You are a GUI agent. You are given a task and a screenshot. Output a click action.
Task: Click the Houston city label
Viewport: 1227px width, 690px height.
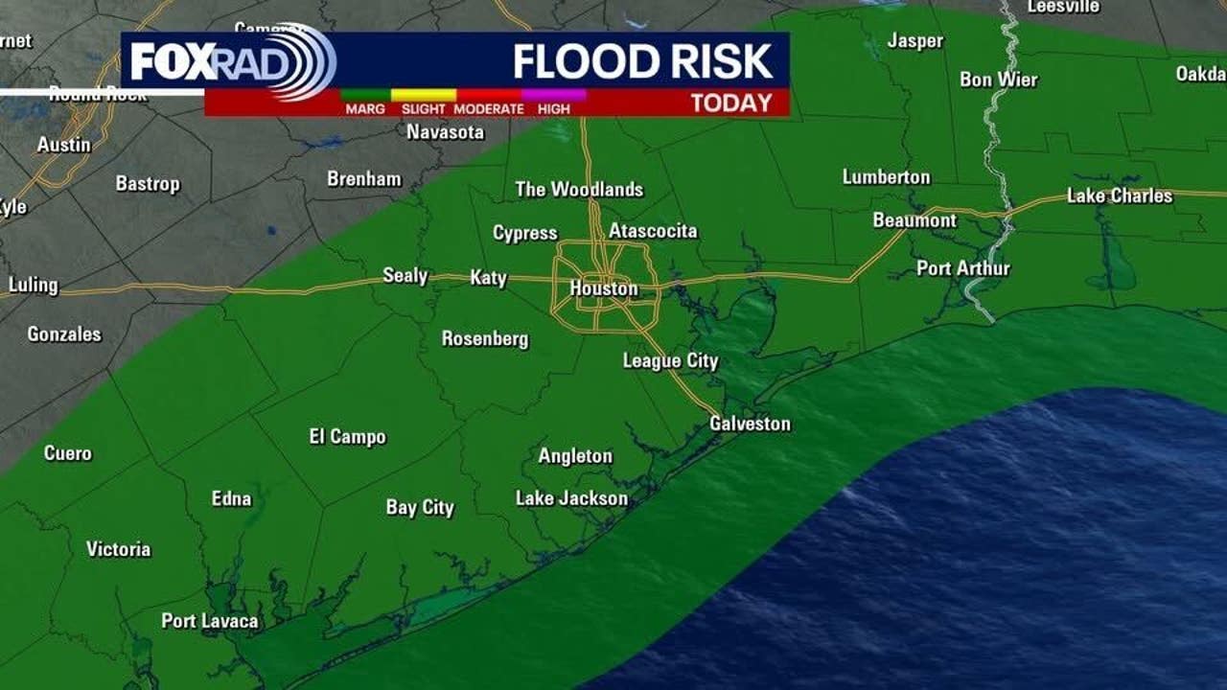click(x=603, y=288)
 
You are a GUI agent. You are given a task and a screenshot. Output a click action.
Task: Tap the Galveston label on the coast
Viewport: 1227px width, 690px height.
click(x=750, y=424)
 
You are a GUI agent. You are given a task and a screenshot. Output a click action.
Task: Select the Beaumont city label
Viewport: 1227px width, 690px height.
click(x=914, y=220)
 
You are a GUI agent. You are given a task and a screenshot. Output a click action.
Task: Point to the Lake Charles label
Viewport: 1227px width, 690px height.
click(x=1119, y=195)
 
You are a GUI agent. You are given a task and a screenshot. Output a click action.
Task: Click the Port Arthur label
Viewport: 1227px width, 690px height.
click(x=962, y=268)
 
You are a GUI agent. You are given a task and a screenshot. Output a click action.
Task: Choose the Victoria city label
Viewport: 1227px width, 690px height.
click(x=118, y=549)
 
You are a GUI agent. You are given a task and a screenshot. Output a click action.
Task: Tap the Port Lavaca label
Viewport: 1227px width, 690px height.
click(x=209, y=621)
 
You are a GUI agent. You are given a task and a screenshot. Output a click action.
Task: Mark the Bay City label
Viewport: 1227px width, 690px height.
click(x=420, y=507)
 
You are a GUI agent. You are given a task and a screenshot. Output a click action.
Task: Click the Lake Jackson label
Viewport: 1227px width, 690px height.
click(x=571, y=498)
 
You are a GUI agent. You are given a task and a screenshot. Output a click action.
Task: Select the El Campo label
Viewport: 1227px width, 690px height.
click(x=347, y=437)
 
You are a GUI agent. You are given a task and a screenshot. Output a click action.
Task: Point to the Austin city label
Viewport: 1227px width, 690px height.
click(x=63, y=145)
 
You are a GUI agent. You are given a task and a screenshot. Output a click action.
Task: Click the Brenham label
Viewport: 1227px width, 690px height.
click(x=363, y=178)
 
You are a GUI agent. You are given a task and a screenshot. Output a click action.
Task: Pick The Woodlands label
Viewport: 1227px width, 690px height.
click(x=579, y=189)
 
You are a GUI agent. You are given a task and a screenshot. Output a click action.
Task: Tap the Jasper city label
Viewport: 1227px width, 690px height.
click(x=914, y=40)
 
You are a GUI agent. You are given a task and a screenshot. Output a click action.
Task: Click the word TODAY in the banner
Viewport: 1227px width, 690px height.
click(x=730, y=103)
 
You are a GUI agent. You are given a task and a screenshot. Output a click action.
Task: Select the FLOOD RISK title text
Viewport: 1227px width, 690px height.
click(x=642, y=61)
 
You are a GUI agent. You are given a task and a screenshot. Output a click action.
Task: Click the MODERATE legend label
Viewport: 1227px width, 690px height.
click(x=488, y=109)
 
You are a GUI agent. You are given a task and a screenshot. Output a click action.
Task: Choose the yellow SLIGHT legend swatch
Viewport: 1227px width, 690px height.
click(x=423, y=95)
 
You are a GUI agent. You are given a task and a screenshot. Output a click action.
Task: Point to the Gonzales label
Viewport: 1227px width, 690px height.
click(x=63, y=334)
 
